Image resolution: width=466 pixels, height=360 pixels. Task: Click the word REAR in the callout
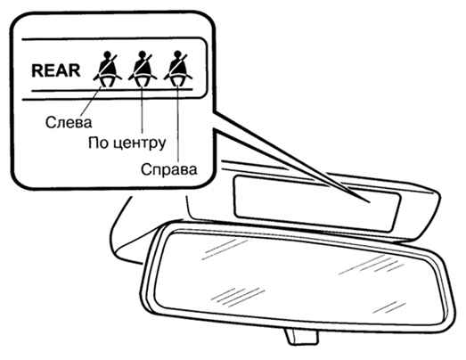tap(56, 70)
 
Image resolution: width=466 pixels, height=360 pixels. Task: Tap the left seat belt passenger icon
tap(107, 70)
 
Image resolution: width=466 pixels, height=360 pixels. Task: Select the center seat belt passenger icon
tap(143, 70)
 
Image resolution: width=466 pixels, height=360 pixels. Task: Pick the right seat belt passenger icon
tap(177, 70)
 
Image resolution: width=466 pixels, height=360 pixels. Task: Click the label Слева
tap(69, 122)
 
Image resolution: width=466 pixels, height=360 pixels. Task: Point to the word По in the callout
tap(96, 143)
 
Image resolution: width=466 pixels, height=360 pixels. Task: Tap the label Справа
tap(168, 169)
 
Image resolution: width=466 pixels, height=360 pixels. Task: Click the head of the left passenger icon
tap(107, 55)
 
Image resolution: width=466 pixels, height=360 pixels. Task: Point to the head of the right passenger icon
tap(177, 55)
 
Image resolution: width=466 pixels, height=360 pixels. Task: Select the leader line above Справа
tap(177, 123)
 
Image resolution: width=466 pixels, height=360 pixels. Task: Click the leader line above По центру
tap(142, 110)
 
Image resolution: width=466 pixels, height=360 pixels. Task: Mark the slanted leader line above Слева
tap(91, 100)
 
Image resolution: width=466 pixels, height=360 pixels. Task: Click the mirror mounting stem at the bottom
tap(302, 337)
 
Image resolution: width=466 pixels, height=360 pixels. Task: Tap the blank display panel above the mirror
tap(317, 203)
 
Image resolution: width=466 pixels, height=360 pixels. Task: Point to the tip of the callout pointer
tap(370, 202)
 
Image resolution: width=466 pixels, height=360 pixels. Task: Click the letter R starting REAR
tap(37, 70)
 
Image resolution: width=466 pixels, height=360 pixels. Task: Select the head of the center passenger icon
tap(143, 55)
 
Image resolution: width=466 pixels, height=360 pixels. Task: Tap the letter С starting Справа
tap(145, 169)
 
